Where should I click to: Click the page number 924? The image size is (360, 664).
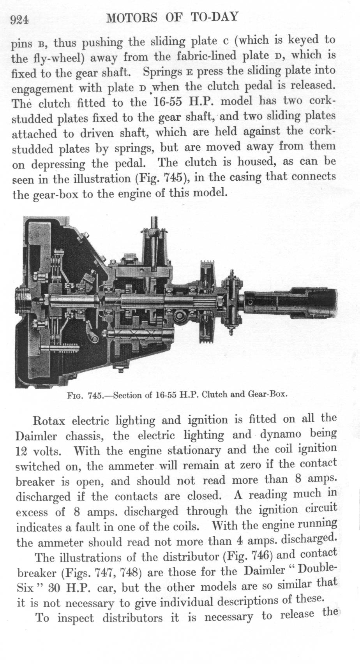19,19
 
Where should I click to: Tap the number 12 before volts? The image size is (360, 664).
21,452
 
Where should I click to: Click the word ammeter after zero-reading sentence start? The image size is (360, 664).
131,466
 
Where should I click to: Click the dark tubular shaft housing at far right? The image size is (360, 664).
291,303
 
